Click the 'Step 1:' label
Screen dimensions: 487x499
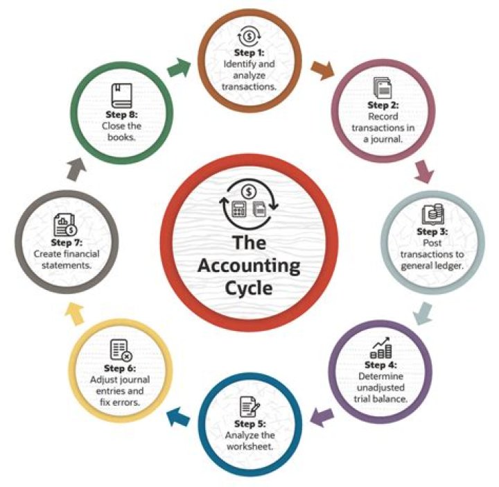(x=249, y=53)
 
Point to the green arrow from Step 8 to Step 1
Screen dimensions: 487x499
(x=178, y=69)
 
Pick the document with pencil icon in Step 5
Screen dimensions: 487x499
(x=248, y=406)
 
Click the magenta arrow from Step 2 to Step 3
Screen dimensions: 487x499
(x=423, y=169)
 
